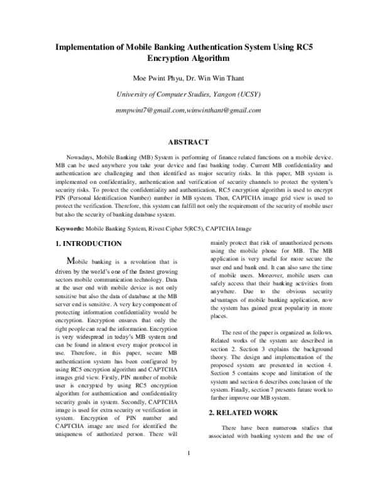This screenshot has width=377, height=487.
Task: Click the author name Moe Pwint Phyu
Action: point(157,78)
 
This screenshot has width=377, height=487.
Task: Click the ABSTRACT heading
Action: point(188,142)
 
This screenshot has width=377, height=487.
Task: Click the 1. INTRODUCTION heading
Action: point(90,243)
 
